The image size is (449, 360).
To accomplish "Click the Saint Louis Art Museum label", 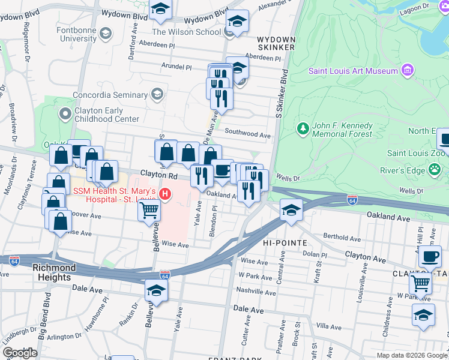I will tap(353, 71).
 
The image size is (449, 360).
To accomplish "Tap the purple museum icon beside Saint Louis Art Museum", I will tap(408, 71).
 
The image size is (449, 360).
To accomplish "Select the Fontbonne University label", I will tap(76, 34).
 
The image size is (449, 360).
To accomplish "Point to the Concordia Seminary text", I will tap(110, 95).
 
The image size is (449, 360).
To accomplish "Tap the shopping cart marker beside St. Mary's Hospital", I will tap(148, 211).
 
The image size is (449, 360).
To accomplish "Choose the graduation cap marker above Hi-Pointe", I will tap(291, 211).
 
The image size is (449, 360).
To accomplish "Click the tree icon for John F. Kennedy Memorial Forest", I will tap(303, 128).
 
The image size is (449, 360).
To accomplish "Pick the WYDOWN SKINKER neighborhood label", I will tap(276, 42).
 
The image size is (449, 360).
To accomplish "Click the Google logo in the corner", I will tap(20, 353).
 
